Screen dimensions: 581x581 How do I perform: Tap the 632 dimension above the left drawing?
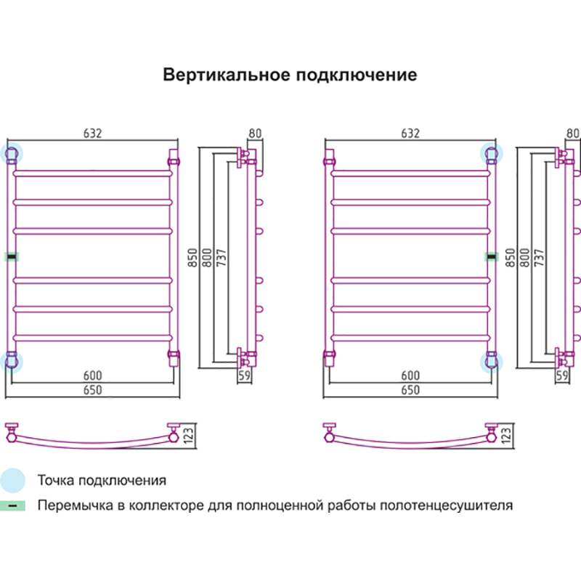tap(92, 134)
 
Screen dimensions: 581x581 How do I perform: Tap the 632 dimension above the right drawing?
tap(410, 134)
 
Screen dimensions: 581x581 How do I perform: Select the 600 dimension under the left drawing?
tap(92, 375)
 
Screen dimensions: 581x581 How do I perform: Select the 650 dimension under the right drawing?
tap(410, 391)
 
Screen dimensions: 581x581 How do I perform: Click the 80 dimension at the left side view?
tap(255, 134)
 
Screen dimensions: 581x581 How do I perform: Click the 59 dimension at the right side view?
tap(561, 376)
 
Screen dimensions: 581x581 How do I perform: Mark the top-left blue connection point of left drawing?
tap(12, 153)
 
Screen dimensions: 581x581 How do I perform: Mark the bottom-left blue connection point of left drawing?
tap(12, 360)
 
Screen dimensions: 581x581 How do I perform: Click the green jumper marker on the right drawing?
tap(492, 256)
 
